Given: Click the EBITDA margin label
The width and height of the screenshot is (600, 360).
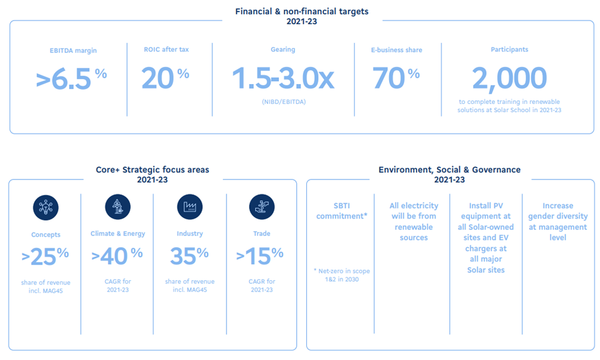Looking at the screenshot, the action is [x=73, y=50].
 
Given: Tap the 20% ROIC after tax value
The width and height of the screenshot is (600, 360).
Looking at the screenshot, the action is [x=166, y=78].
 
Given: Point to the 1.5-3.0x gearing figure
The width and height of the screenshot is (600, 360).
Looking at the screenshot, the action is [x=283, y=78].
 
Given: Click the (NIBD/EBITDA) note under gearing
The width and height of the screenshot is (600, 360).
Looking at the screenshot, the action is [x=284, y=102].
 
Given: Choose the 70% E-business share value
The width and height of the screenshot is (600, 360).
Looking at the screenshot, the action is [x=396, y=78].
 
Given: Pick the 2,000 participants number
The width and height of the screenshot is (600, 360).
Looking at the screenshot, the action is [x=509, y=78].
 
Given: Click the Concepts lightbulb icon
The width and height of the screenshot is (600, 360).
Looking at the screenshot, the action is [x=45, y=207].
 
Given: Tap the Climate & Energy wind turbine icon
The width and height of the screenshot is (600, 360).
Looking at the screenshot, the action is [x=118, y=207].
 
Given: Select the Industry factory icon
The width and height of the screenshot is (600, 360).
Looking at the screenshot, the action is [x=190, y=207].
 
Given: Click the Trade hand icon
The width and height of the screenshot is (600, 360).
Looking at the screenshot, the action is [x=262, y=207].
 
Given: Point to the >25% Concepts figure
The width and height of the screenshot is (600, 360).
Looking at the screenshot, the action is [x=45, y=257].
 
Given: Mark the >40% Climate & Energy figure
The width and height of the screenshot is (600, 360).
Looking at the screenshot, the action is [x=117, y=256].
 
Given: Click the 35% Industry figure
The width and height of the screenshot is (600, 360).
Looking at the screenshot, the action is [x=189, y=256].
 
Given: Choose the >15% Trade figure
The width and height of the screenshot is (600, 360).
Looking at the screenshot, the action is [x=260, y=256].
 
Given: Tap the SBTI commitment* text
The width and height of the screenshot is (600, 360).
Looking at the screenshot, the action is [x=342, y=211].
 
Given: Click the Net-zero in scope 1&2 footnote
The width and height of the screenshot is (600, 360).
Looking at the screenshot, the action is [x=342, y=275].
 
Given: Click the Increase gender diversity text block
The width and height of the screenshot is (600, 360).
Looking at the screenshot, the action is [x=558, y=222].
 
